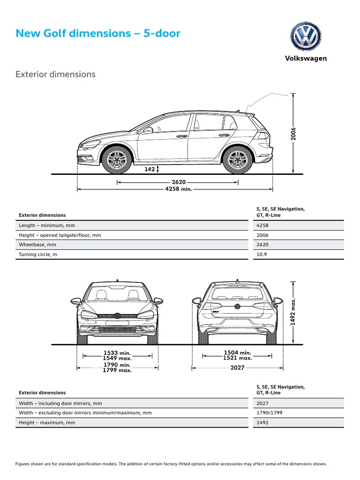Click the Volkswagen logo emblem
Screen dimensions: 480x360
pos(306,37)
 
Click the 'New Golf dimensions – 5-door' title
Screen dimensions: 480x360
pos(98,34)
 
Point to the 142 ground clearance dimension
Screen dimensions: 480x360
pos(150,169)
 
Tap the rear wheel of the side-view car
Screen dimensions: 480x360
pos(237,160)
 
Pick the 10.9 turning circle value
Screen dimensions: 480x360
pos(262,254)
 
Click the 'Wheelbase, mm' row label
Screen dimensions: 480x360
pos(37,245)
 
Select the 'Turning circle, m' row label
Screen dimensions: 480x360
pos(41,254)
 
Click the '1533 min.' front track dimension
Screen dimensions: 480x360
pos(117,352)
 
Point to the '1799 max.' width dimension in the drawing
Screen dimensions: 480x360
pos(117,370)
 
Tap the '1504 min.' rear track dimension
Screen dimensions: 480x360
pos(238,352)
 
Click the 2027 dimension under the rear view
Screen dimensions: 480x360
pos(238,368)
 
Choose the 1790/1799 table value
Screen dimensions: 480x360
pos(270,413)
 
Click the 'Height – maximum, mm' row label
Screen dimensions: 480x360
pos(47,422)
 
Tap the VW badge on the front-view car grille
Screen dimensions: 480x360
pos(117,316)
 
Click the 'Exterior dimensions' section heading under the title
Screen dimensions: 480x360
pos(55,74)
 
